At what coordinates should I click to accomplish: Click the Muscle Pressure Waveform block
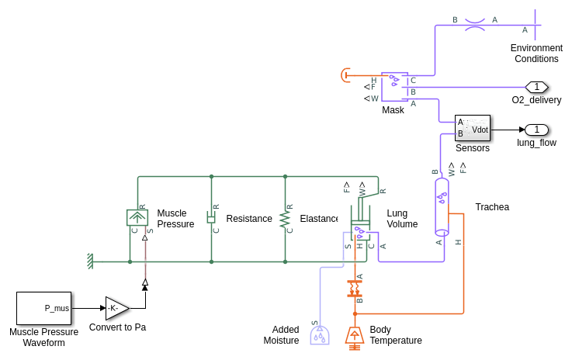point(43,308)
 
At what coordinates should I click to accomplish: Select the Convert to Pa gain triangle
point(117,308)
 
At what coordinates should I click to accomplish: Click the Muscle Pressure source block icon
point(137,217)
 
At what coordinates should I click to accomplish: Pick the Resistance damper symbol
point(211,217)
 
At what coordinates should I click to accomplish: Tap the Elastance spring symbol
point(285,218)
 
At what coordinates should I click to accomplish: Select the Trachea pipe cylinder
point(442,206)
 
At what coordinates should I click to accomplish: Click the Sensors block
point(473,128)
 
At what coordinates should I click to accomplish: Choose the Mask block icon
point(394,87)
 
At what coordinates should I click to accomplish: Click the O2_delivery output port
point(536,87)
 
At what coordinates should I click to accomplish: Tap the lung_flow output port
point(536,130)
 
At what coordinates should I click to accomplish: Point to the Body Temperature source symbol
point(355,335)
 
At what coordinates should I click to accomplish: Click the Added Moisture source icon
point(319,335)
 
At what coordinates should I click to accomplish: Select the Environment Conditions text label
point(536,54)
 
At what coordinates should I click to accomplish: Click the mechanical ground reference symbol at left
point(91,261)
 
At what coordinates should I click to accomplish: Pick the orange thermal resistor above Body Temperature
point(355,288)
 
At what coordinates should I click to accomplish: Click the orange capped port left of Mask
point(346,74)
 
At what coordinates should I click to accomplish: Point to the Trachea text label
point(492,207)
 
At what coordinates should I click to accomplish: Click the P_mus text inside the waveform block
point(57,308)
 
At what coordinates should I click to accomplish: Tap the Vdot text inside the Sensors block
point(480,130)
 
